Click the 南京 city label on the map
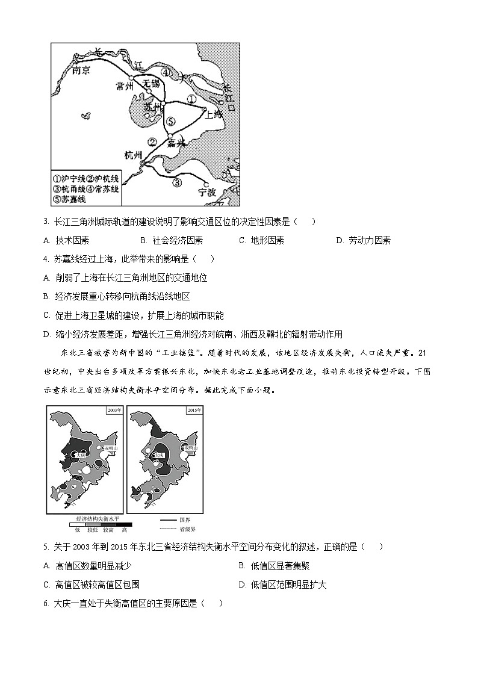(81, 70)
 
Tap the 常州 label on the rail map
(127, 86)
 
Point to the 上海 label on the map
(213, 114)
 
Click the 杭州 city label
(135, 155)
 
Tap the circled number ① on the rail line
(191, 99)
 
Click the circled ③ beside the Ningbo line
(176, 182)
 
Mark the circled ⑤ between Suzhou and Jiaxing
(171, 121)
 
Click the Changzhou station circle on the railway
(132, 78)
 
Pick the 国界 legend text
(184, 519)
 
